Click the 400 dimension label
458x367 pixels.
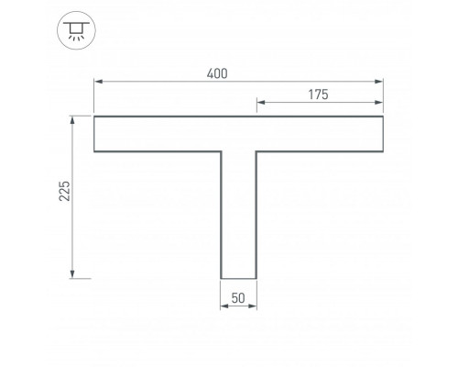click(217, 74)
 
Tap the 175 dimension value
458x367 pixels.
click(318, 95)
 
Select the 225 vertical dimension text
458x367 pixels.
click(64, 191)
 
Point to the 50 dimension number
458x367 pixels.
click(238, 298)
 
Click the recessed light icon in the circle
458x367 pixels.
click(76, 31)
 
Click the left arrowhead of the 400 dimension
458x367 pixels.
click(98, 82)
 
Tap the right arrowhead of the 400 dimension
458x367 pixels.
click(379, 82)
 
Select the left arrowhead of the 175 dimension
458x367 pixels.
click(261, 102)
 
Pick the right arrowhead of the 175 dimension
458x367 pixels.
click(379, 102)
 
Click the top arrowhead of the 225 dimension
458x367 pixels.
click(72, 120)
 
